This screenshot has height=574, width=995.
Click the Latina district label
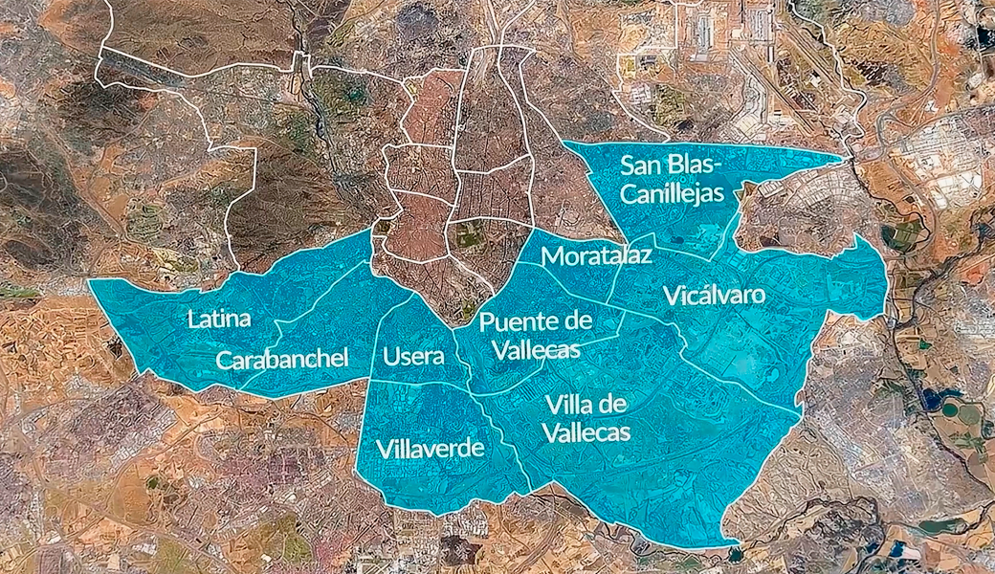point(219,319)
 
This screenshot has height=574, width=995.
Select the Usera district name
point(413,357)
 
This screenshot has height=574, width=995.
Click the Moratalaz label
point(597,255)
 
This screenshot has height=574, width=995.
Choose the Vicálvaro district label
point(714,294)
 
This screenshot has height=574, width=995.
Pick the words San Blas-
point(671,165)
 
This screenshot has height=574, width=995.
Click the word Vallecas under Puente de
point(536,350)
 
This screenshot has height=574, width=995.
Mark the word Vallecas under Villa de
point(586,432)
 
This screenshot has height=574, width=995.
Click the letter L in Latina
point(192,319)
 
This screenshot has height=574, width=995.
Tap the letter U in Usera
point(389,357)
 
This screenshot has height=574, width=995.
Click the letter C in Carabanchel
point(224,361)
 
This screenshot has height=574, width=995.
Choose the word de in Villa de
point(612,403)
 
